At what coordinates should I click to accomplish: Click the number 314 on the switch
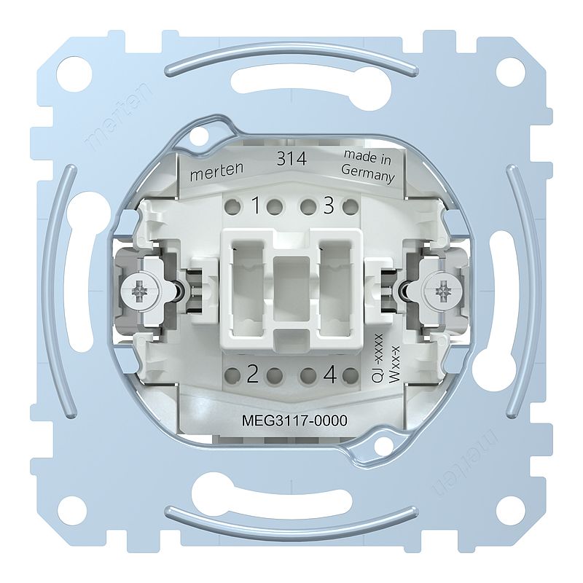click(x=292, y=159)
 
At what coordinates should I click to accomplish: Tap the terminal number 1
click(x=256, y=206)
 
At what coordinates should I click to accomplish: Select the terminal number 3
click(x=328, y=206)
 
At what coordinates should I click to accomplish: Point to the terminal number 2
click(x=253, y=375)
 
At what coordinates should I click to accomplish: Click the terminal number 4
click(x=330, y=375)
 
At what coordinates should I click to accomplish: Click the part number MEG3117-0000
click(x=294, y=420)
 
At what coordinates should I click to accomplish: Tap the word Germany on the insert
click(x=368, y=173)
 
